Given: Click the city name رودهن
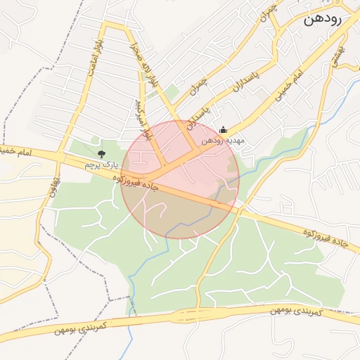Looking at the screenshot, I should (322, 20).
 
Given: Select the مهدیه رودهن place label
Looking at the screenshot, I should (221, 140).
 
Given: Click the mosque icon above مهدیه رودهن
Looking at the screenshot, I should (224, 129).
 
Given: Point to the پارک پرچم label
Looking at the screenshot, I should (99, 164).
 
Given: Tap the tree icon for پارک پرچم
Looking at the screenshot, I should (102, 153).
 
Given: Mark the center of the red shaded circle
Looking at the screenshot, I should (180, 179).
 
